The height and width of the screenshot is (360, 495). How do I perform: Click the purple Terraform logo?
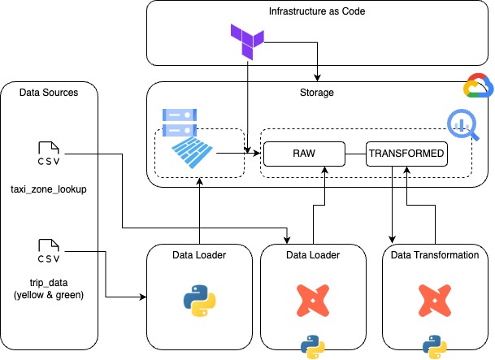[x=247, y=41]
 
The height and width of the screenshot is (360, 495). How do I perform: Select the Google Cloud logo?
[x=478, y=85]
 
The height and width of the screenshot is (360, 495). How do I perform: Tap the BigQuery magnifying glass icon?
[x=463, y=124]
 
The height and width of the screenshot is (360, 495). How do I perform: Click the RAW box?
[x=304, y=154]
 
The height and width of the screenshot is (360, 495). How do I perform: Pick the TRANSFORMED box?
[x=406, y=154]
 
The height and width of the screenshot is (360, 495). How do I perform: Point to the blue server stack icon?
[x=180, y=123]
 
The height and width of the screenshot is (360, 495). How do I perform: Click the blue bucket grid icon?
[x=193, y=153]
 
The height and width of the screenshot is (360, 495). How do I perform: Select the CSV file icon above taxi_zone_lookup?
[x=49, y=154]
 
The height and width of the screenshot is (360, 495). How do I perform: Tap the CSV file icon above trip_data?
[x=49, y=251]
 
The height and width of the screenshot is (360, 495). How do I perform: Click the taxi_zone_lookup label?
[x=49, y=189]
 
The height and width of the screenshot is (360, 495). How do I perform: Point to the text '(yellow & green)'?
[x=49, y=295]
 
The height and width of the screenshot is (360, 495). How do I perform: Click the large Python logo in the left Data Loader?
[x=199, y=301]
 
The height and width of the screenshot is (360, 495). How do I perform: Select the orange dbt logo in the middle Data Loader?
[x=313, y=301]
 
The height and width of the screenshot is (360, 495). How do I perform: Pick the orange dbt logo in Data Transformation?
[x=435, y=301]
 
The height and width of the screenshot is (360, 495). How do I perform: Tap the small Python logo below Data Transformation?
[x=435, y=347]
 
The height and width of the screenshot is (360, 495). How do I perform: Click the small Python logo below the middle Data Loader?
[x=313, y=347]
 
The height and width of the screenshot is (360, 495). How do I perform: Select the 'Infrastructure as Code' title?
[x=317, y=11]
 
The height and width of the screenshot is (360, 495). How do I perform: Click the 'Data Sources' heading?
[x=49, y=93]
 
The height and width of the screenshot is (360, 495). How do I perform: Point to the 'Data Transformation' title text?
[x=435, y=255]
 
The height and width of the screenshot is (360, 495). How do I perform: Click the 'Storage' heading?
[x=317, y=93]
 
